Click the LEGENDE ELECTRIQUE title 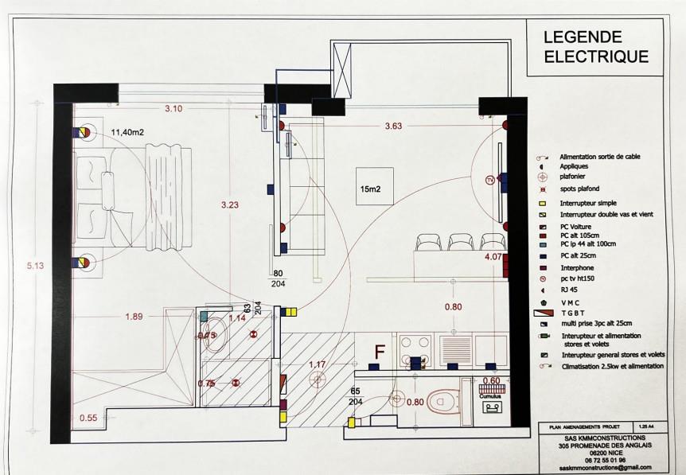[595, 46]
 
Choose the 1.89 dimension [135, 317]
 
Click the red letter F [380, 351]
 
